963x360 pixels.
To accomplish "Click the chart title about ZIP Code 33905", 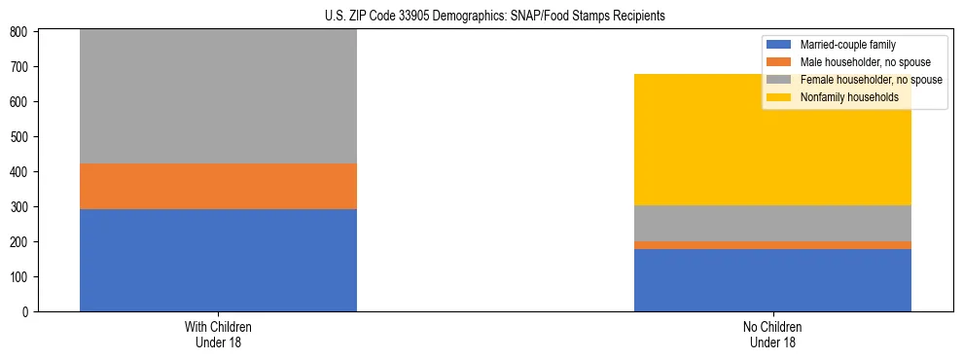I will pyautogui.click(x=494, y=17).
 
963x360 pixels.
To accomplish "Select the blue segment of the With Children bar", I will pyautogui.click(x=218, y=260).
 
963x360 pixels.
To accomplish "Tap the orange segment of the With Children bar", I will pyautogui.click(x=218, y=186).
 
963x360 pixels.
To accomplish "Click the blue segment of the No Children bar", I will pyautogui.click(x=772, y=280).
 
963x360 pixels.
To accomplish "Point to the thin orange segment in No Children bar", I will pyautogui.click(x=772, y=245).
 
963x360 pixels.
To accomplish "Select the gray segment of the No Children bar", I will pyautogui.click(x=772, y=223).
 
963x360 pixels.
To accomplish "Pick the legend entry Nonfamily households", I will pyautogui.click(x=842, y=97).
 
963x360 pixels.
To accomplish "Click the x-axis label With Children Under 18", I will pyautogui.click(x=218, y=334).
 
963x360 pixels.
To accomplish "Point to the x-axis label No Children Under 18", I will pyautogui.click(x=772, y=334).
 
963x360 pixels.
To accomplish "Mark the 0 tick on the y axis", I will pyautogui.click(x=27, y=311).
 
